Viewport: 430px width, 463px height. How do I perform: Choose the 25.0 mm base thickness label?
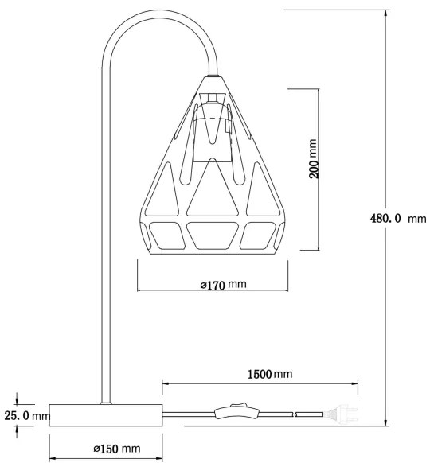coord(27,415)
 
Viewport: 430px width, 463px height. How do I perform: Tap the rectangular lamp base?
coord(106,415)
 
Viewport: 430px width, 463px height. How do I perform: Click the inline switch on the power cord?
coord(235,413)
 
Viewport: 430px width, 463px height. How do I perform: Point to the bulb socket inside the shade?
coord(211,127)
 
